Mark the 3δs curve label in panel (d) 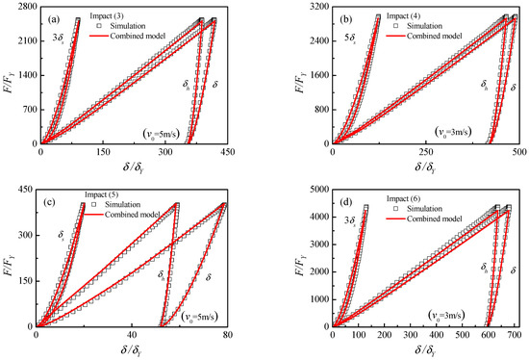click(x=348, y=220)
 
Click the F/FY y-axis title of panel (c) click(x=9, y=259)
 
